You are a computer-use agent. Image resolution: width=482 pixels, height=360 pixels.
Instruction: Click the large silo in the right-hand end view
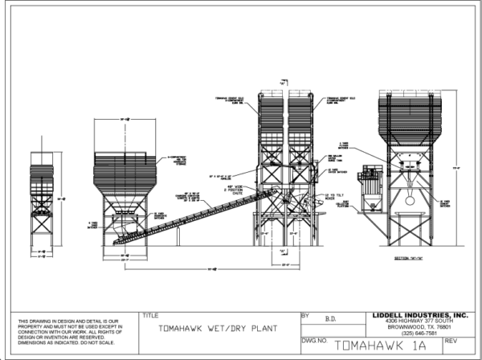click(x=410, y=121)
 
